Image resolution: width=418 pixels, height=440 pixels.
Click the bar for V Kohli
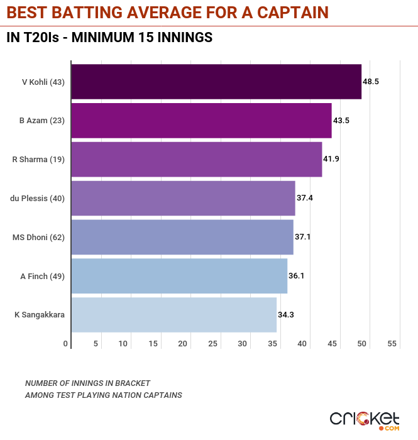click(x=216, y=82)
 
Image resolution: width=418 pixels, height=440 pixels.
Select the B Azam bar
click(x=201, y=120)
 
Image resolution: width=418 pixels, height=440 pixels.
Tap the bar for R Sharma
click(x=196, y=159)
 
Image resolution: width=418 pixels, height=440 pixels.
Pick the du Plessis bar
click(x=183, y=198)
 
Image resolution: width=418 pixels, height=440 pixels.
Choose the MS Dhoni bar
click(x=182, y=237)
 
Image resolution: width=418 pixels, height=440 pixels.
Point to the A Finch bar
click(x=179, y=276)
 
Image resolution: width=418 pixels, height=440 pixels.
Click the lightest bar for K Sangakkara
click(x=173, y=314)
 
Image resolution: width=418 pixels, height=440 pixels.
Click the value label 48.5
click(x=371, y=82)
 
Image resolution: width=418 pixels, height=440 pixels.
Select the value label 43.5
click(x=341, y=120)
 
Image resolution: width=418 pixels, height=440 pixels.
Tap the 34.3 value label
click(x=286, y=314)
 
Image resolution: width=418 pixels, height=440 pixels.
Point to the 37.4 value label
click(x=305, y=198)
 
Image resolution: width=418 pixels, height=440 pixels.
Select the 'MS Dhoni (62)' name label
click(x=39, y=237)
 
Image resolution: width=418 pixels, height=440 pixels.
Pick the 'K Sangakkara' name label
click(x=39, y=314)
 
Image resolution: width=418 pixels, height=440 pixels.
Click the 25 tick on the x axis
click(x=213, y=344)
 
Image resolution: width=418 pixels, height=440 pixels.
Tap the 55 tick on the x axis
click(x=392, y=344)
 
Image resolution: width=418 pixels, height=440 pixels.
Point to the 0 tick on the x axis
click(x=66, y=344)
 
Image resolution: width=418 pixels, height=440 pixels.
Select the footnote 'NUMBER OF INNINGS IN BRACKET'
click(x=87, y=383)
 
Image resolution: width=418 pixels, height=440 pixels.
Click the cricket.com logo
click(x=365, y=419)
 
